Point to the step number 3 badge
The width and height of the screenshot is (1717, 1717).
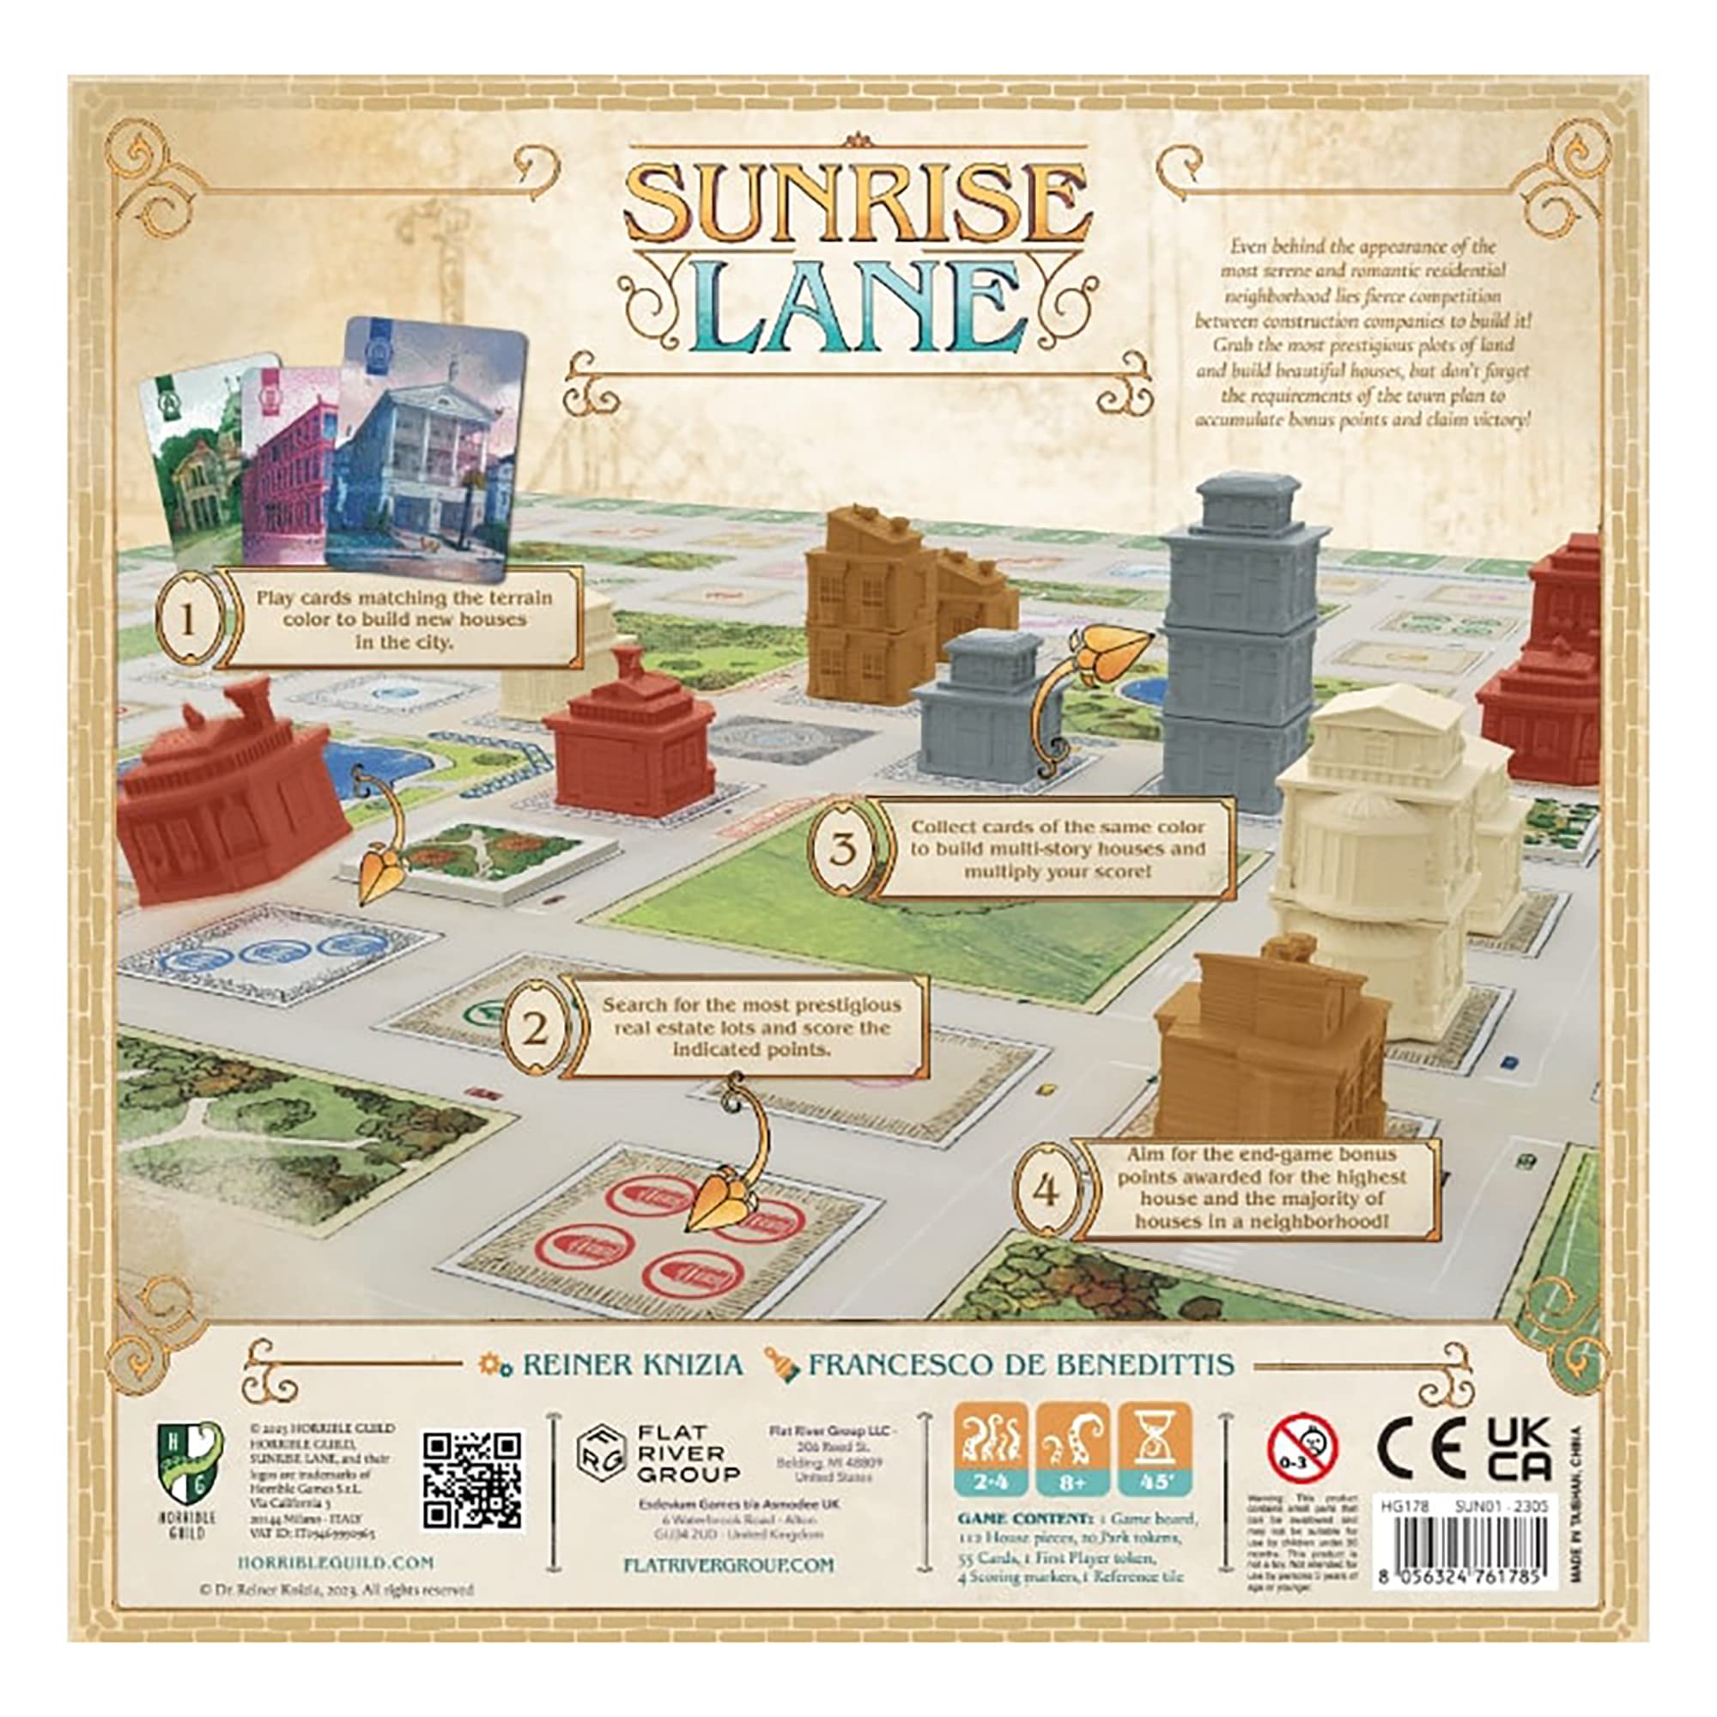[843, 848]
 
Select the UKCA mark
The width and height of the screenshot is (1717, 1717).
[1519, 1450]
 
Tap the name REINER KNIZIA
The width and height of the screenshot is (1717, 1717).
[631, 1364]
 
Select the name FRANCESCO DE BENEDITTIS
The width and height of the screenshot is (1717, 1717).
[1020, 1364]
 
